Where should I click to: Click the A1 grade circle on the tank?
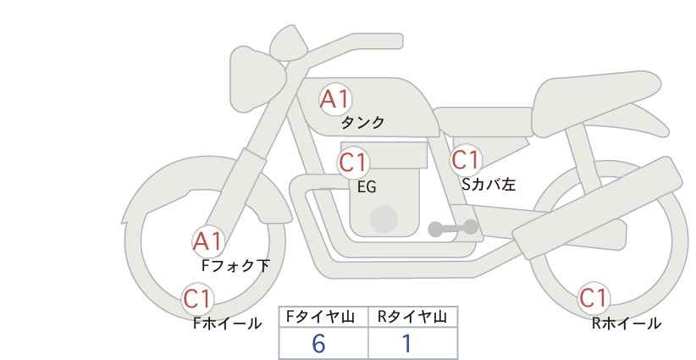tap(334, 99)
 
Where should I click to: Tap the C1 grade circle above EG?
tap(354, 162)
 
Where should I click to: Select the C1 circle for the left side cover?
tap(466, 159)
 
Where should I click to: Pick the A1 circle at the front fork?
tap(207, 241)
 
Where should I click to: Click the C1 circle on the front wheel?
tap(198, 298)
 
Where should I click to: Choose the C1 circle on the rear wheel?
tap(594, 298)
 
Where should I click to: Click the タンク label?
tap(362, 123)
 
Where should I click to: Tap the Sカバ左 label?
tap(489, 182)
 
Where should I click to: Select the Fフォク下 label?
tap(235, 265)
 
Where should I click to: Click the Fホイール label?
tap(227, 323)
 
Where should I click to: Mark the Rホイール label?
tap(627, 323)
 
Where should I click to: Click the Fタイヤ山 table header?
tap(323, 317)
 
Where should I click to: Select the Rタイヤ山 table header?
tap(412, 317)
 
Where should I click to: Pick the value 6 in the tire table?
tap(318, 343)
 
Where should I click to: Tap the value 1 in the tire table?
tap(407, 343)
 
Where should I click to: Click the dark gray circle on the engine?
tap(384, 219)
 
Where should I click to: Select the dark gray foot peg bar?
tap(452, 228)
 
